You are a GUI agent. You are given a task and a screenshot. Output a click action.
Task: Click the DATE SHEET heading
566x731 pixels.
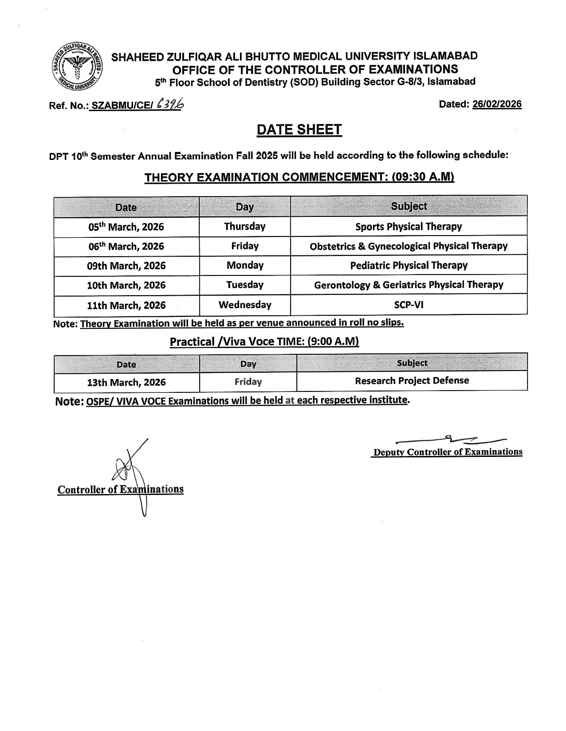click(299, 130)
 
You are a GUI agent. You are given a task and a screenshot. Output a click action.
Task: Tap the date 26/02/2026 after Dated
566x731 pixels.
click(497, 104)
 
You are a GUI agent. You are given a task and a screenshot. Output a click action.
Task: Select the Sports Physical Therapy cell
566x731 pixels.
click(408, 227)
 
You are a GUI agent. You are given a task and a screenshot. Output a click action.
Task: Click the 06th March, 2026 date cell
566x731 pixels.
click(126, 246)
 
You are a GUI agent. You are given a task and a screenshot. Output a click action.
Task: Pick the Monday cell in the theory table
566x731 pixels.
click(245, 265)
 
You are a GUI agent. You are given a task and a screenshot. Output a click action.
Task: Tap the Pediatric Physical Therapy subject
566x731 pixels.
click(408, 265)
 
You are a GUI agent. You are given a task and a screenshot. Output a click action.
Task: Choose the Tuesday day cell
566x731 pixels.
click(245, 285)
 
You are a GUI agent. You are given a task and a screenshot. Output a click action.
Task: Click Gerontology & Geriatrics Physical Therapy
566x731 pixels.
click(408, 285)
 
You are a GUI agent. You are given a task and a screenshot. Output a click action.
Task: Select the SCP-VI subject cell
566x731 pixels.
click(408, 305)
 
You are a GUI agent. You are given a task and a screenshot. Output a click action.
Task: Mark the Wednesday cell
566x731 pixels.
click(245, 305)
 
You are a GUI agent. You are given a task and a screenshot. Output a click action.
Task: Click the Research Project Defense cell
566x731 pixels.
click(412, 381)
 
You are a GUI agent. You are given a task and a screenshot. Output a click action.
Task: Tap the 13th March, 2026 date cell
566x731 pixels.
click(126, 383)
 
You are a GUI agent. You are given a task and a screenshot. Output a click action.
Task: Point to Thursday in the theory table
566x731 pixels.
click(245, 227)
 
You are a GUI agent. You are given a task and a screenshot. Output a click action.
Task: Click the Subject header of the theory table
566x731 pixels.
click(408, 206)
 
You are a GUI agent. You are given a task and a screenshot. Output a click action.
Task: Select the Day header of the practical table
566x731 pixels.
click(248, 364)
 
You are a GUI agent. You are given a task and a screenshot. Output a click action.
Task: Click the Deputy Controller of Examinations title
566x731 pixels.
click(448, 452)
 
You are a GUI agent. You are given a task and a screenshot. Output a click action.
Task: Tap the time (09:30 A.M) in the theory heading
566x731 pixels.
click(423, 177)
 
